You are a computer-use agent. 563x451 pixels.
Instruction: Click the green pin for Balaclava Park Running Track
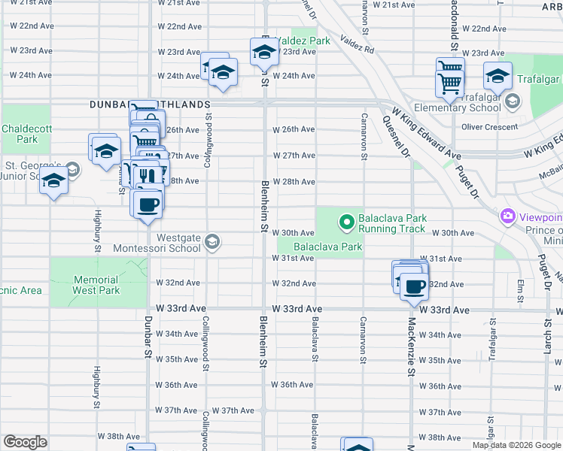[x=346, y=222]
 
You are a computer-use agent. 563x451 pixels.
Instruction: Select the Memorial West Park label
[x=96, y=285]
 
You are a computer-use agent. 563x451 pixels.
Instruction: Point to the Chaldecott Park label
[x=26, y=134]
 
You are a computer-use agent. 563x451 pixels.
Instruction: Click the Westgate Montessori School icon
[x=212, y=242]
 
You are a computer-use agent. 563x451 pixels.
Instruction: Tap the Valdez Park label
[x=303, y=40]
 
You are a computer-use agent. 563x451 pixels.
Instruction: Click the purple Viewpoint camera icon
[x=508, y=217]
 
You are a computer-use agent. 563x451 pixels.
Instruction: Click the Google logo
[x=25, y=442]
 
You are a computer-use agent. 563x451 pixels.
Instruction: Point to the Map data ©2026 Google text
[x=516, y=445]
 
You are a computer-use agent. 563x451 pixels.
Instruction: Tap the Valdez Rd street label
[x=356, y=43]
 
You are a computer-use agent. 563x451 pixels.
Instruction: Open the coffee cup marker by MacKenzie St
[x=413, y=286]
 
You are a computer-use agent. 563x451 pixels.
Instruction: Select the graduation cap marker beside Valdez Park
[x=264, y=52]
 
